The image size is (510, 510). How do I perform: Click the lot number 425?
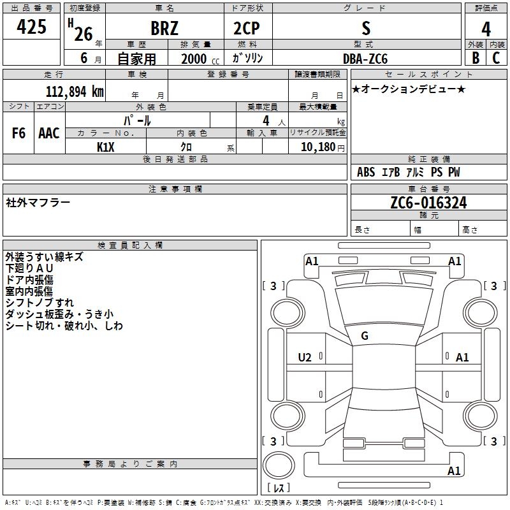click(32, 27)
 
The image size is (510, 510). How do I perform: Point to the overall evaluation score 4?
click(486, 29)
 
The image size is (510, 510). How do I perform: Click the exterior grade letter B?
click(475, 58)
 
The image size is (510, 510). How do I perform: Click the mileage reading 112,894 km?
click(74, 91)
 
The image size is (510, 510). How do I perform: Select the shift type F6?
click(19, 133)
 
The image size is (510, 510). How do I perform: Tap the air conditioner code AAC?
click(49, 133)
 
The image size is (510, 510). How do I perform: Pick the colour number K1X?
click(106, 147)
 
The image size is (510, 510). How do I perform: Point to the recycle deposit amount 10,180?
click(316, 147)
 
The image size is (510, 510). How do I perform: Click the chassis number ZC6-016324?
click(428, 203)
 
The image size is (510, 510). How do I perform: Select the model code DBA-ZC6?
click(365, 59)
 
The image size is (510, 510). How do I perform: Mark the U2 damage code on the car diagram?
click(305, 358)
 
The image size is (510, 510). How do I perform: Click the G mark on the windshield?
click(365, 335)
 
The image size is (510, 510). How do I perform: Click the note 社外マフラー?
click(38, 203)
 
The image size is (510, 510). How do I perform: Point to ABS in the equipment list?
click(366, 172)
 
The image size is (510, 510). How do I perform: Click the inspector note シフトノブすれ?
click(40, 303)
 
